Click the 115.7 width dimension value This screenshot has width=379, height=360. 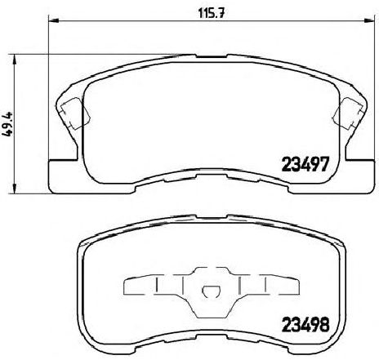(x=212, y=13)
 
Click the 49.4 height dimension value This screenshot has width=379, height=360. (x=7, y=125)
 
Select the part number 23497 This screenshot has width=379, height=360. (x=305, y=164)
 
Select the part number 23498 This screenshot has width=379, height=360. (x=305, y=325)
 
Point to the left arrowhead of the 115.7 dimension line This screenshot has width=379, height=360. (x=54, y=20)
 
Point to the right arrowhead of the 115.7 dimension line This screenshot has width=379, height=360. (x=369, y=20)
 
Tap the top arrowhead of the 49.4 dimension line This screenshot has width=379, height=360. (x=15, y=60)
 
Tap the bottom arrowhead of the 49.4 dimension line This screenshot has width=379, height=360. (x=15, y=188)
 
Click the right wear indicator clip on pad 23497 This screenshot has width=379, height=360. (x=348, y=113)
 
